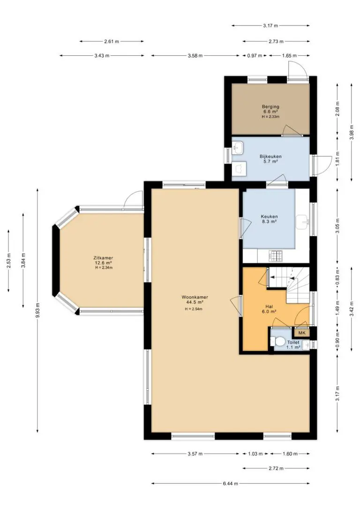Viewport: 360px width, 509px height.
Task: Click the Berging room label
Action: coord(270,106)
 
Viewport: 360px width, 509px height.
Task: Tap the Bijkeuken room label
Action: coord(270,157)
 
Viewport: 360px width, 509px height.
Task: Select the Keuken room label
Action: coord(269,217)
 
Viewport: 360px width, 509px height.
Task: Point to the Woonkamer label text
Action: coord(195,297)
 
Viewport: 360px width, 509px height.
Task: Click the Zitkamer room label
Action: coord(104,258)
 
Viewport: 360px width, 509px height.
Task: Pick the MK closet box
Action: coord(302,333)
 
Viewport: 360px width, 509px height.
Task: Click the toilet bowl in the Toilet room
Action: coord(278,342)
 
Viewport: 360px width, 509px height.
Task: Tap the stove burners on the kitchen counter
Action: coord(276,256)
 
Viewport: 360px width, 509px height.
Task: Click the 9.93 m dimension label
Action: coord(37,310)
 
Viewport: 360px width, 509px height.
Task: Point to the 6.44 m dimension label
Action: coord(231,483)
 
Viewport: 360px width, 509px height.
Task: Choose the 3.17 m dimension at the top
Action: coord(270,26)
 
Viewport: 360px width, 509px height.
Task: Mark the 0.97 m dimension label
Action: coord(255,55)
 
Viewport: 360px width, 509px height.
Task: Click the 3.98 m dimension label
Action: coord(352,133)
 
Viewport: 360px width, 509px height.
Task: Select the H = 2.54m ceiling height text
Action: coord(194,309)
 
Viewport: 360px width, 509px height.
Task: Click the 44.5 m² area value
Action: coord(195,302)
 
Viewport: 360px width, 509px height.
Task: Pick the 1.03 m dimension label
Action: coord(255,454)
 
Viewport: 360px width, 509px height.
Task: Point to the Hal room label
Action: coord(269,306)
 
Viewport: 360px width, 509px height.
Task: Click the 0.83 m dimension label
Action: coord(337,277)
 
